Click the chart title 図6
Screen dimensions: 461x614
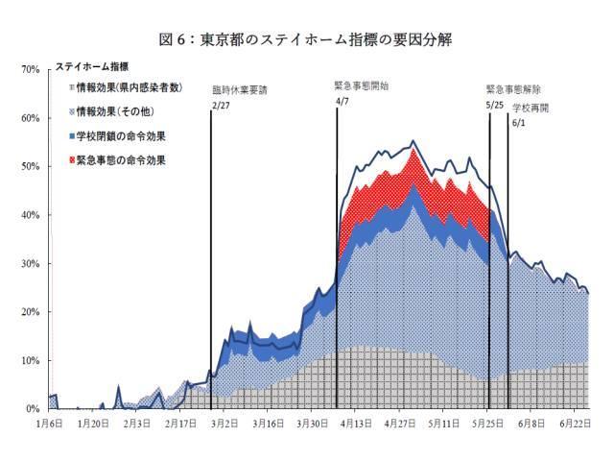306,39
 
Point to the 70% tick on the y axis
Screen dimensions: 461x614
28,70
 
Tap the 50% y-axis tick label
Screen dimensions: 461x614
28,167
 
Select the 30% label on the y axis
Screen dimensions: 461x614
28,264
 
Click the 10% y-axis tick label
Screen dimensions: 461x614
28,361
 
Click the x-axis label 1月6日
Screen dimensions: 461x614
51,423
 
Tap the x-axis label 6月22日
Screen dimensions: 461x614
572,423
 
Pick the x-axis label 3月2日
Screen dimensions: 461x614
225,423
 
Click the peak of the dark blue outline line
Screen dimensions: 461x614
413,141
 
